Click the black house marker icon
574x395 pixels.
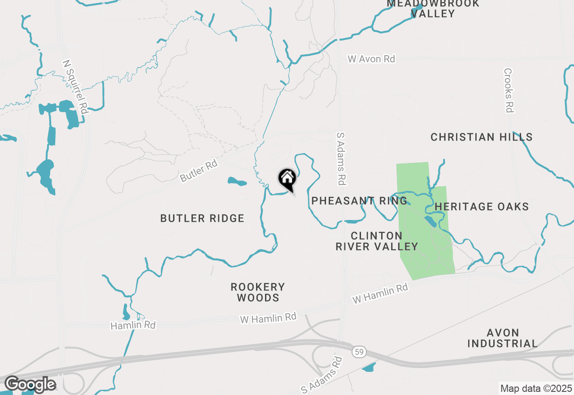point(287,179)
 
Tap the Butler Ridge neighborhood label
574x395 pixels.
point(202,219)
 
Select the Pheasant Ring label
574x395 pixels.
point(359,201)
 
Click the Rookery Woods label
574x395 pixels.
point(258,292)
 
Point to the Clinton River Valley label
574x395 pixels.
point(377,241)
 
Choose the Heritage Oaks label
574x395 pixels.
point(482,206)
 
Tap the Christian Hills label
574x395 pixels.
point(482,137)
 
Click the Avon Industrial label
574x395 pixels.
point(502,338)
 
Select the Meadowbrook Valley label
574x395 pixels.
point(433,8)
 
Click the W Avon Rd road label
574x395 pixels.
point(372,59)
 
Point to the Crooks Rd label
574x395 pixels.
point(508,90)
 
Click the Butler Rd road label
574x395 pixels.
point(199,171)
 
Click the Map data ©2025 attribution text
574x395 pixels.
point(536,388)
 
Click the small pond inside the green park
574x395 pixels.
point(430,221)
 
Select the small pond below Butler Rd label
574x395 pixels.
point(237,182)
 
